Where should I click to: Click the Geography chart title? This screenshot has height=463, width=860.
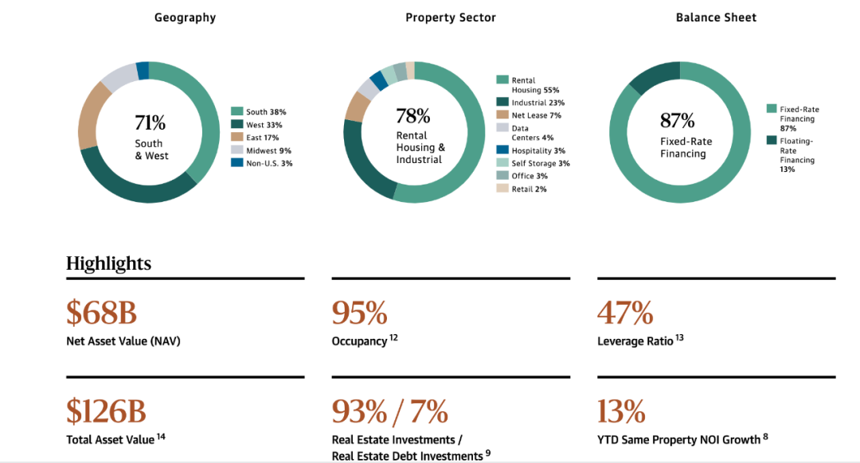185,18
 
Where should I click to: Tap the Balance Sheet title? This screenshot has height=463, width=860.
716,18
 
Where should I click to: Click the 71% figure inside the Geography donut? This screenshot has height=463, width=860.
150,123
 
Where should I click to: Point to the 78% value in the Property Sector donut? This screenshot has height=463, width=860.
412,117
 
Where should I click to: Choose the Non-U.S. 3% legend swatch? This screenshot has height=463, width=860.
236,163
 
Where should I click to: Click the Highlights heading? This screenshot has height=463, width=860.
108,263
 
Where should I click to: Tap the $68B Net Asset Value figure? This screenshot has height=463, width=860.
101,313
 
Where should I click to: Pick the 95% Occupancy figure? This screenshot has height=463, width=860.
359,313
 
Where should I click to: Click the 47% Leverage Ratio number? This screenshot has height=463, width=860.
625,313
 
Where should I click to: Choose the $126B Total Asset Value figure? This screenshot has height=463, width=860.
106,411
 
